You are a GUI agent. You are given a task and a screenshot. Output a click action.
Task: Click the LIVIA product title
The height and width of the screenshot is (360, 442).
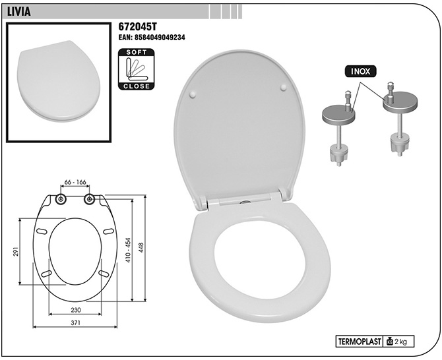18,12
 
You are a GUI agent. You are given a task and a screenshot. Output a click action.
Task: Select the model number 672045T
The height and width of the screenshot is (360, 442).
137,27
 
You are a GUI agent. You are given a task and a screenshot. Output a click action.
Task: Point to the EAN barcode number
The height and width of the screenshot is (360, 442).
152,38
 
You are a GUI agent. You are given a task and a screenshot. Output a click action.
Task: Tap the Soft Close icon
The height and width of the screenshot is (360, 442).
137,69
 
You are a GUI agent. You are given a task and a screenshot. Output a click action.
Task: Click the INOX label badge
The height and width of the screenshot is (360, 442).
361,72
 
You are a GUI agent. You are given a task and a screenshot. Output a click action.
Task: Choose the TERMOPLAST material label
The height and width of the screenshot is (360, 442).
359,342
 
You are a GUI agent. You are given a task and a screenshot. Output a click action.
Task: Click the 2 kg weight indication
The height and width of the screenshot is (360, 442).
398,342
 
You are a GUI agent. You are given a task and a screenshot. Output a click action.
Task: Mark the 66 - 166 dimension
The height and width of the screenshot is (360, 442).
75,182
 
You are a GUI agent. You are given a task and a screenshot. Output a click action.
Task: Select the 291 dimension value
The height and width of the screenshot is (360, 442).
16,251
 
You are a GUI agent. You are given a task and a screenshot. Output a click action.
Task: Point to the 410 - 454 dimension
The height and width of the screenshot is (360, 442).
128,251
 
